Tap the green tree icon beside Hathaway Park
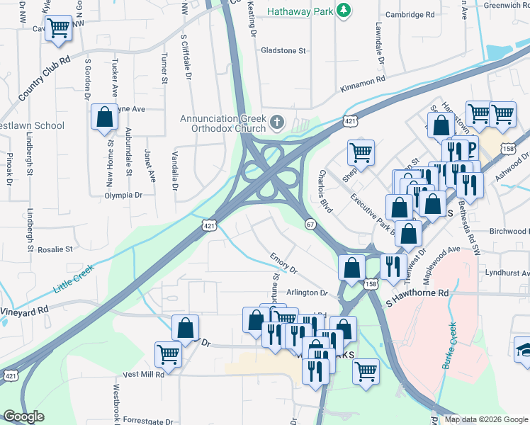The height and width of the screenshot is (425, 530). pos(344,10)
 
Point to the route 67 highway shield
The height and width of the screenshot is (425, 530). pos(310,224)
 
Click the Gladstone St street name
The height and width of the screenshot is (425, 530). pos(283,51)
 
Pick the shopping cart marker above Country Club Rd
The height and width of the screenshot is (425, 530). pos(58,28)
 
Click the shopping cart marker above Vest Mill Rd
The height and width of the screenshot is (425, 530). pos(169,353)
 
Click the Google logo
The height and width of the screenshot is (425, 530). pos(24,416)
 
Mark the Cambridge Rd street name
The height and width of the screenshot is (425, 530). pos(409,14)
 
